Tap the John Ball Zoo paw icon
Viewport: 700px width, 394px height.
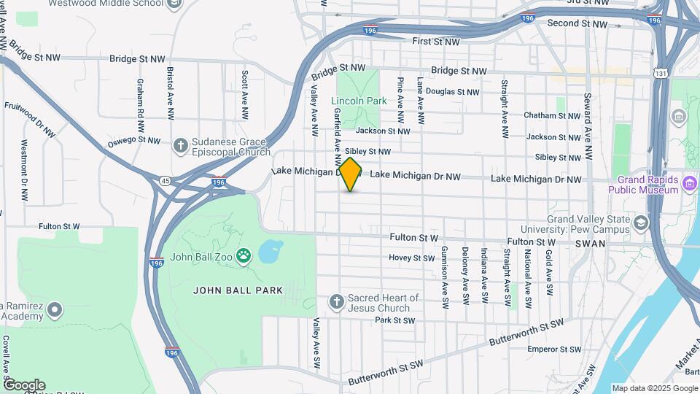(x=245, y=256)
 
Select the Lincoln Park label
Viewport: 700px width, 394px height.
(x=358, y=101)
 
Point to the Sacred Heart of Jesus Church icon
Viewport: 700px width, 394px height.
(x=336, y=301)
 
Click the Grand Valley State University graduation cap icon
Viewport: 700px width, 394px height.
(x=641, y=223)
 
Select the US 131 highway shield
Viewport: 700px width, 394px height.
(x=659, y=73)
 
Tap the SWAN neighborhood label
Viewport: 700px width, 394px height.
(x=591, y=244)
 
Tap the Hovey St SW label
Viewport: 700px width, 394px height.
(x=411, y=258)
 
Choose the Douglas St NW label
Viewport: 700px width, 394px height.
(x=452, y=92)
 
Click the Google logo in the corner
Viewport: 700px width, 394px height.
(x=23, y=385)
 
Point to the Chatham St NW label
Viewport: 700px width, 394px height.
(x=552, y=115)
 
